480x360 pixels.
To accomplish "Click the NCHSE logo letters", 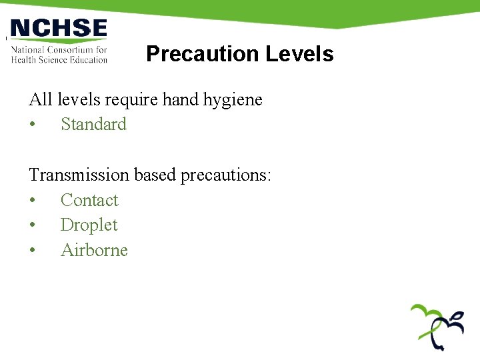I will (59, 29).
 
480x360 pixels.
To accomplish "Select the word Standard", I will (93, 125).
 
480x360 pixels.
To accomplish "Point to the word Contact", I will (89, 200).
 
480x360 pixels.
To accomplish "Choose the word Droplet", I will (89, 225).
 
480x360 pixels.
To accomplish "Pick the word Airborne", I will (94, 251).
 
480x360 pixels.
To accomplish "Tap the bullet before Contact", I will (33, 201).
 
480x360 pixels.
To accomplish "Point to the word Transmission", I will (79, 175).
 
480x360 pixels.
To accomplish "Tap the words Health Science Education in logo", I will (59, 60).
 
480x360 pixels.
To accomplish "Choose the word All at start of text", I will (39, 100).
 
